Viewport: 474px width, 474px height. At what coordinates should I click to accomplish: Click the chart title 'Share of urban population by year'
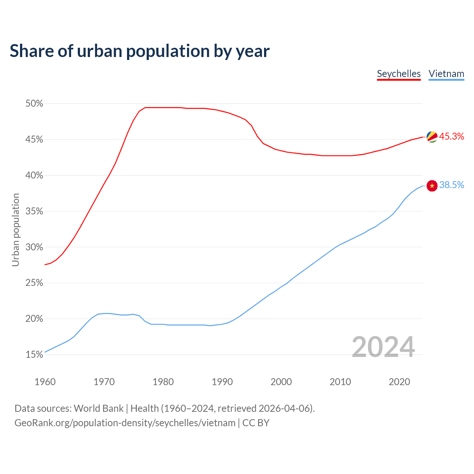[x=140, y=51]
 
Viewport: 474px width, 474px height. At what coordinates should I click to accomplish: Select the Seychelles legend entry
[x=398, y=74]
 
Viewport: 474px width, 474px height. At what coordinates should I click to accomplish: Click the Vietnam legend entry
[x=446, y=74]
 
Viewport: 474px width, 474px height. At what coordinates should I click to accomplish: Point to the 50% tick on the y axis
[x=34, y=104]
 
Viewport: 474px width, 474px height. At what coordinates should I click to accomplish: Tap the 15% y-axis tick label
[x=34, y=355]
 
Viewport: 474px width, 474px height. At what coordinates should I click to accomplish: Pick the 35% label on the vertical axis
[x=34, y=211]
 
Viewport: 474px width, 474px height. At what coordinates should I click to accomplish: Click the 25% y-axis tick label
[x=34, y=283]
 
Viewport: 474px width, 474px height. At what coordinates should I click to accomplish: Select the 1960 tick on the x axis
[x=45, y=382]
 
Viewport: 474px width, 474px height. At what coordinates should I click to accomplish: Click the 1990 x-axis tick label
[x=222, y=382]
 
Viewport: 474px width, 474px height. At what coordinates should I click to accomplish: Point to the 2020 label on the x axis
[x=399, y=382]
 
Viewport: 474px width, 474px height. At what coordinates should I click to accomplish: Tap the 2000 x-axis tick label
[x=281, y=382]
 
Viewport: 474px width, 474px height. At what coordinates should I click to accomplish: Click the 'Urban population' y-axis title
[x=16, y=230]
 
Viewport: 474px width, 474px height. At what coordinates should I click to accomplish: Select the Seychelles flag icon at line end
[x=432, y=137]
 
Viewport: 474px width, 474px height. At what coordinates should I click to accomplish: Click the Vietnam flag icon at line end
[x=432, y=186]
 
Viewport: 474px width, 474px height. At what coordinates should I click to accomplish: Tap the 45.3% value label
[x=451, y=137]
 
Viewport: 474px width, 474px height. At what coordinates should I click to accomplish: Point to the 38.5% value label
[x=451, y=185]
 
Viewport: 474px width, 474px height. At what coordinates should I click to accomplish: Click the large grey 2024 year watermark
[x=383, y=347]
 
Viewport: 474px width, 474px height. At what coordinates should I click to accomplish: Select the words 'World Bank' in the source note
[x=99, y=408]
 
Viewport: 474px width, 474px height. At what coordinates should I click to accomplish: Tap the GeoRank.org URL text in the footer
[x=125, y=423]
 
